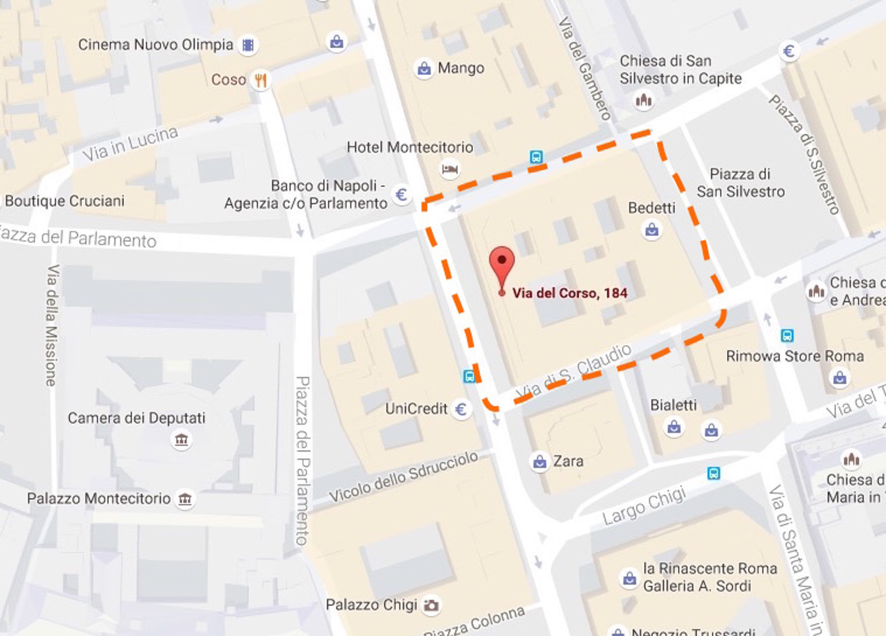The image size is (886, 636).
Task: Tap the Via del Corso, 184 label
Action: [570, 293]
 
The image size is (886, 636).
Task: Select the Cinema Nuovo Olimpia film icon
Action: [249, 45]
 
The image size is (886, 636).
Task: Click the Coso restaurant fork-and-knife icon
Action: [260, 80]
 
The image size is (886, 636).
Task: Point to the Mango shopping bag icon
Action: [424, 69]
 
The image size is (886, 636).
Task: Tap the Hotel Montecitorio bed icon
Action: [450, 169]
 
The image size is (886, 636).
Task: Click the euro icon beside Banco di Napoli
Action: [401, 195]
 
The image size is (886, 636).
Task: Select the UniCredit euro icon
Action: [461, 409]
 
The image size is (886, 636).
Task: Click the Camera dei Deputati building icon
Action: [182, 440]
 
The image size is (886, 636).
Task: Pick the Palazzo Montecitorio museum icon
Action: [185, 499]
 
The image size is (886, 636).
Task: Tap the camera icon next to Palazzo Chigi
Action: [431, 605]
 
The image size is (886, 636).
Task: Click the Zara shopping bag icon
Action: [539, 461]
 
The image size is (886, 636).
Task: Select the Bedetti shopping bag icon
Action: [652, 229]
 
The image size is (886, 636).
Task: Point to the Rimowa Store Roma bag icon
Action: [839, 378]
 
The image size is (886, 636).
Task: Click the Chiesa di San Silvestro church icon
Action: [643, 100]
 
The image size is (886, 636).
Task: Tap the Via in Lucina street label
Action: [131, 144]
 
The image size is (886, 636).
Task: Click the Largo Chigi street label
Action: [644, 506]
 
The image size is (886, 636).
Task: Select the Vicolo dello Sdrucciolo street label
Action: [404, 477]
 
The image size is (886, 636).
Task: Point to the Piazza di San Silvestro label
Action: [740, 183]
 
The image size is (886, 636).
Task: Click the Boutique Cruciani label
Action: [65, 200]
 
